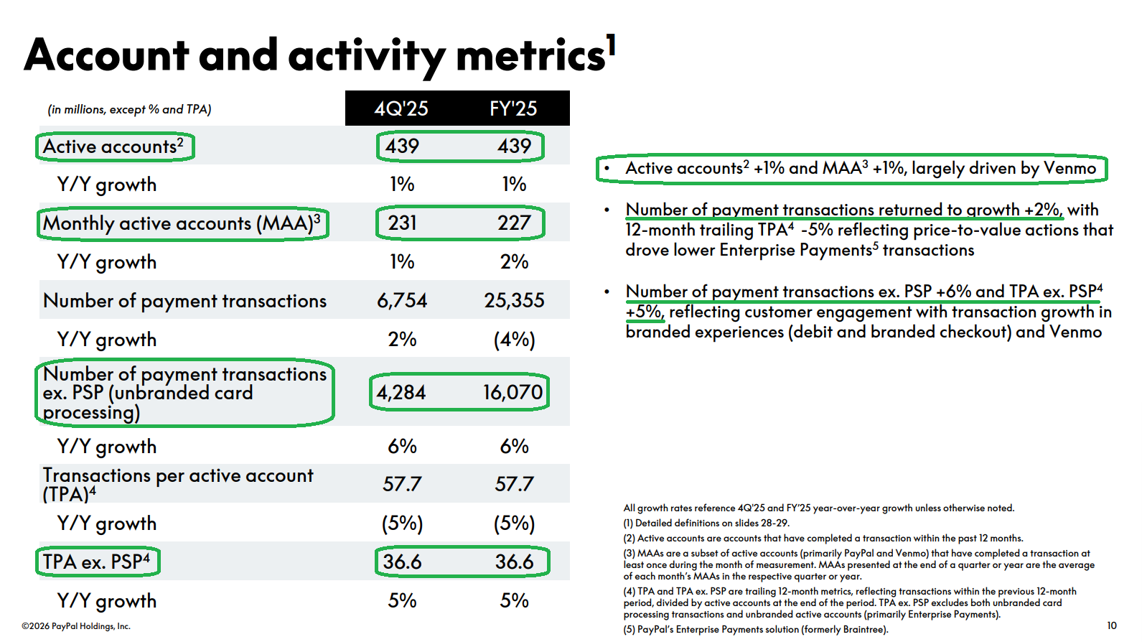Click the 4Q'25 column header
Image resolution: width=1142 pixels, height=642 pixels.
coord(401,108)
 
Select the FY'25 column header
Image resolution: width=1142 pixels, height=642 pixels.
coord(513,108)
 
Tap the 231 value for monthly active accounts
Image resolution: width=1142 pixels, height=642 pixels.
coord(402,223)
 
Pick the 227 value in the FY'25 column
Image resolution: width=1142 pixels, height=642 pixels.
coord(515,223)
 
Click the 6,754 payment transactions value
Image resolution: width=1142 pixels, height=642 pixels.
coord(402,300)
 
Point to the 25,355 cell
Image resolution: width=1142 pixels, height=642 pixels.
coord(515,300)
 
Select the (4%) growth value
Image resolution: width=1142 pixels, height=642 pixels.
coord(515,340)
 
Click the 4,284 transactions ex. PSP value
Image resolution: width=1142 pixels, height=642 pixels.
coord(401,392)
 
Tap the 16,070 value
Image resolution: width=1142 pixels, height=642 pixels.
coord(513,392)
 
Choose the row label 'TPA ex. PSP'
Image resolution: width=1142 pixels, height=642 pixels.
coord(96,562)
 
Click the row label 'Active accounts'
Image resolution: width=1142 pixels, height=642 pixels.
coord(113,146)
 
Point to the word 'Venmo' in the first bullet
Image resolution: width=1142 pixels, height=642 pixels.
coord(1070,168)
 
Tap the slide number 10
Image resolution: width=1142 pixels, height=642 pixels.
coord(1112,625)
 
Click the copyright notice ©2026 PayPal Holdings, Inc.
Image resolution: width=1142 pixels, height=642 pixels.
coord(76,626)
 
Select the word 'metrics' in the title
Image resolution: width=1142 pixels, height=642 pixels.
coord(530,56)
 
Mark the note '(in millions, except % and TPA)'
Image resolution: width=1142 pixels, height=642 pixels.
coord(129,110)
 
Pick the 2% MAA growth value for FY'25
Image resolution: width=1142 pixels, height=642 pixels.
coord(515,261)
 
